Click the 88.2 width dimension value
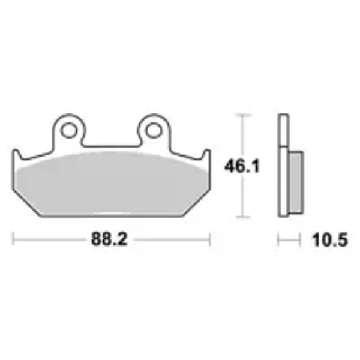click(109, 239)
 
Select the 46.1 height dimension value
click(242, 166)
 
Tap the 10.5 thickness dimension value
click(330, 240)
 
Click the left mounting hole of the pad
click(68, 130)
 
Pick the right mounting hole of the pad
click(154, 130)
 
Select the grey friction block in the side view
click(296, 182)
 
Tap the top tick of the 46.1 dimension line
click(242, 114)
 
